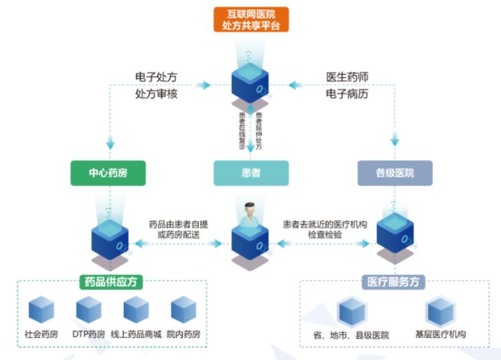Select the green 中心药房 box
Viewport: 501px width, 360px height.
click(109, 172)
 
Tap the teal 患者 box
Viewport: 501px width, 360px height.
click(250, 172)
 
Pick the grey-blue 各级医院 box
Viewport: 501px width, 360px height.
click(395, 172)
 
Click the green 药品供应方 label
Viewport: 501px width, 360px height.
click(113, 282)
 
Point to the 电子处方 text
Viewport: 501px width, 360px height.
click(156, 77)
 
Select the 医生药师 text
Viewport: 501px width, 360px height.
click(347, 77)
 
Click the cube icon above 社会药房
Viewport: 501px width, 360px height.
click(41, 310)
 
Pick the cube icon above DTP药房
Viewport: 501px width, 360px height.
click(88, 310)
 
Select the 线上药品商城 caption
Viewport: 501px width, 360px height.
click(135, 333)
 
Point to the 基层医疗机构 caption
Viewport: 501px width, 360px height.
click(441, 334)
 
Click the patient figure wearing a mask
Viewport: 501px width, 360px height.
click(250, 216)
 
